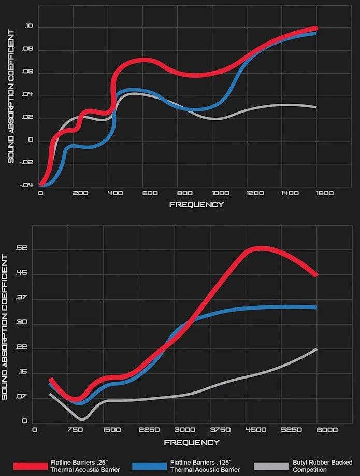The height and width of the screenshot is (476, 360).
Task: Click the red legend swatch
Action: coord(31,465)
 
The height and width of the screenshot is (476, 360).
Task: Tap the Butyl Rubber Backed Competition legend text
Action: coord(322,466)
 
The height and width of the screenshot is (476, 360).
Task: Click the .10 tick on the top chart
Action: coord(28,27)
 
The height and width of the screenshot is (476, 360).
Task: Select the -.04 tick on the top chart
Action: coord(27,185)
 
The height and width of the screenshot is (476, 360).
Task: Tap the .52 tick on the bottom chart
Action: coord(21,249)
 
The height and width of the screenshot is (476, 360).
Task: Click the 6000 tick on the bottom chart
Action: coord(327,430)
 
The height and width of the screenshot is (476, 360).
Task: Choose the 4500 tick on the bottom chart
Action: coord(256,430)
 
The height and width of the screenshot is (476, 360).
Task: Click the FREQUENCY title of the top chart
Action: coord(196,204)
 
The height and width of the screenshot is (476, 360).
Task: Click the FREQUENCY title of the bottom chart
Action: coord(191,442)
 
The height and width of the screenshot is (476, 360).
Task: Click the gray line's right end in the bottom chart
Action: coord(316,349)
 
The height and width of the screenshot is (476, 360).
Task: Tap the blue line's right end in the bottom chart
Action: coord(315,307)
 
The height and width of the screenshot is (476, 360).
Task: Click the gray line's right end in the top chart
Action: coord(315,107)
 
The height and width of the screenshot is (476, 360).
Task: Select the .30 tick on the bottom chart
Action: coord(21,323)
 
